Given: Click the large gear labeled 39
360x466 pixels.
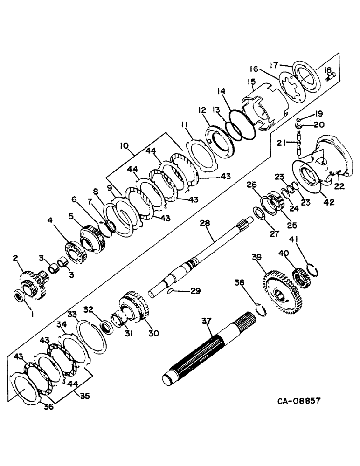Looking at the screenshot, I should [x=283, y=291].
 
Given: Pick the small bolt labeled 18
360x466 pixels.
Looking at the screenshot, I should [x=328, y=78].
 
